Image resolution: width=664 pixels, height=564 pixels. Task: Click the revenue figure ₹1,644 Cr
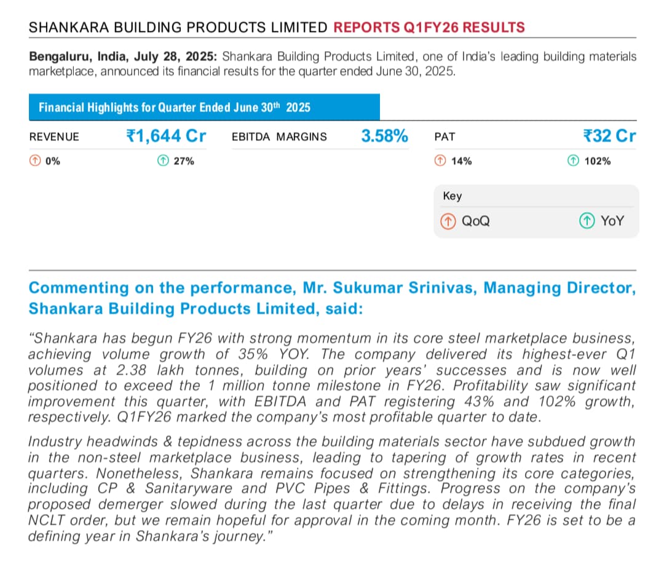166,136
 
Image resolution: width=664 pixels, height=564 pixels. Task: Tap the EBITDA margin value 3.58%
384,136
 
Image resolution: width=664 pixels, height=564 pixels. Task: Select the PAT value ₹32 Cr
609,136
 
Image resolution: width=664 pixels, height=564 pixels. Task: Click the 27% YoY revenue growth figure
176,161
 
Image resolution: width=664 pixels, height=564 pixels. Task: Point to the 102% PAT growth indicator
590,161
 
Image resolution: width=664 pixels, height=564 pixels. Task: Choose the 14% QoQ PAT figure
454,161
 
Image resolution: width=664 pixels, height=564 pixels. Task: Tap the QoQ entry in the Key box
467,221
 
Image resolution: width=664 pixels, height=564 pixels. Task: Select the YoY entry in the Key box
603,221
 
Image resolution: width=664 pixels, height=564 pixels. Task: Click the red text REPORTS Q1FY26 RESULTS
429,28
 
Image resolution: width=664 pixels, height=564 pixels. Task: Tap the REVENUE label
54,137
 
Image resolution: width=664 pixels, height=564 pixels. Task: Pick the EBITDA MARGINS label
279,137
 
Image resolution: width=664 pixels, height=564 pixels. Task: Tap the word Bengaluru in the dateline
59,57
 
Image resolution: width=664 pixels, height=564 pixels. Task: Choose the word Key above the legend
452,196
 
